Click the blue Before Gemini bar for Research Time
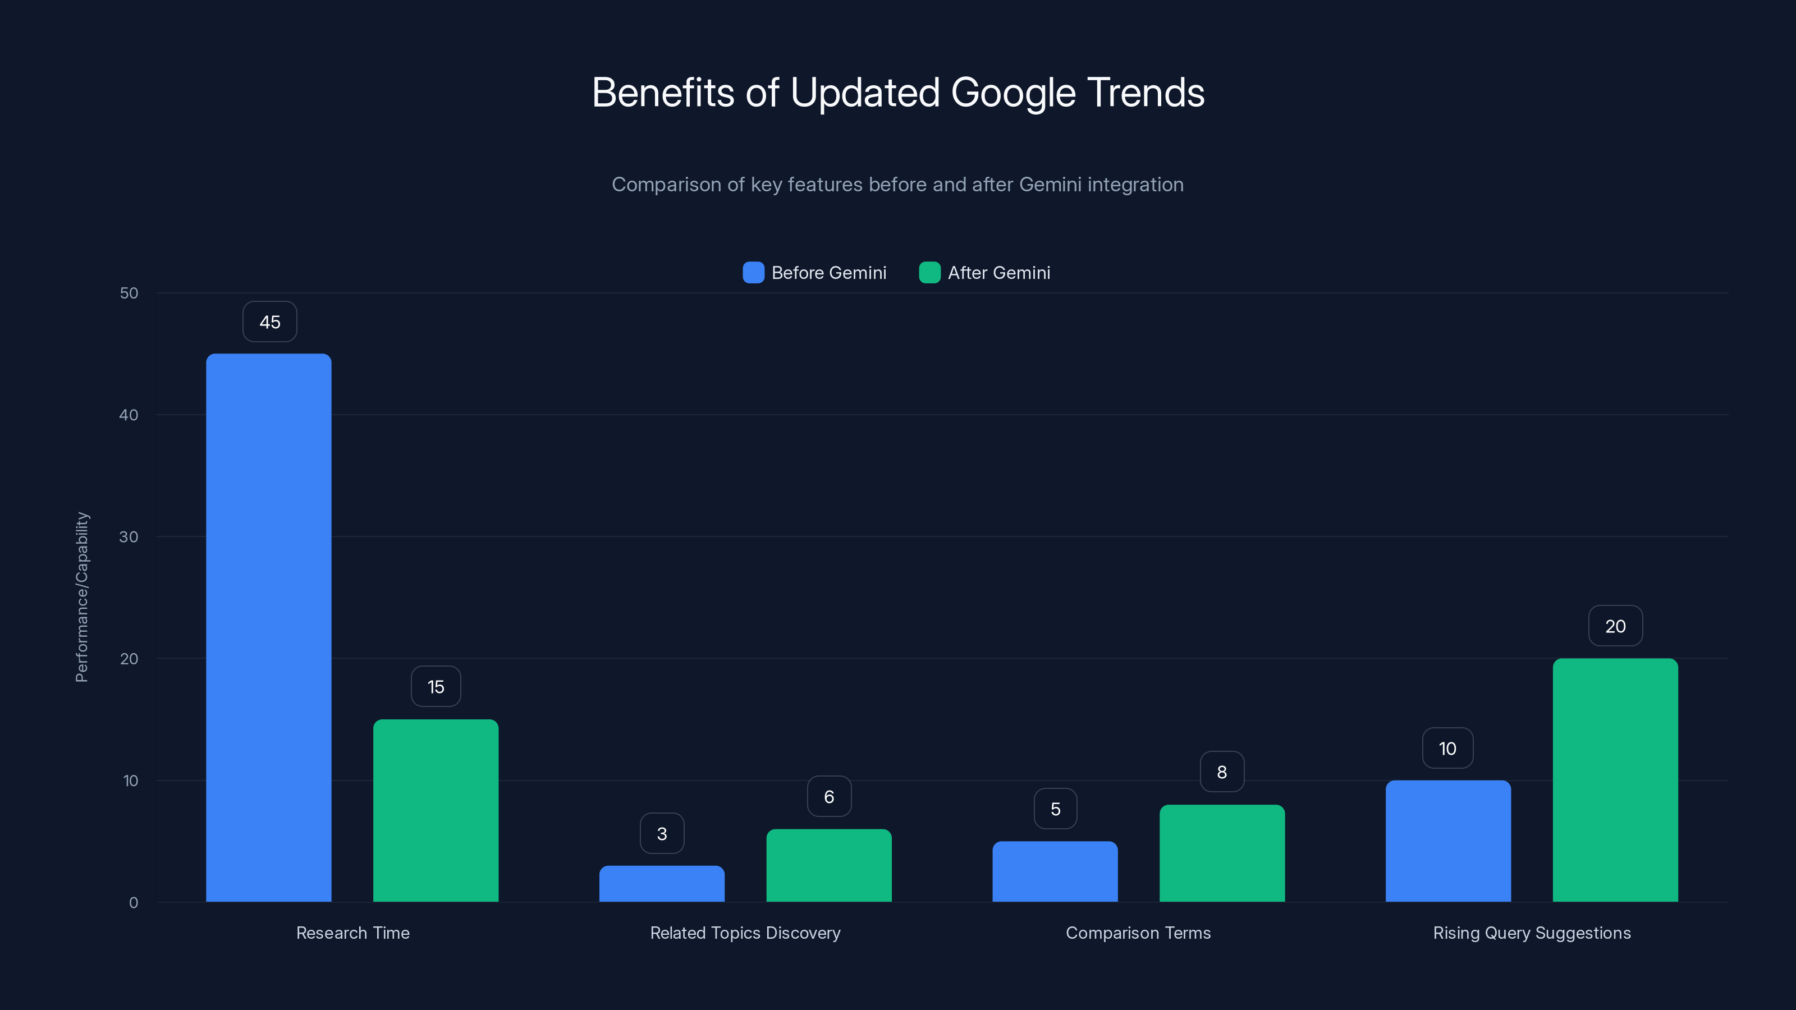[x=268, y=627]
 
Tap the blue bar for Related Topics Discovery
[x=662, y=883]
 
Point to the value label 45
[x=270, y=322]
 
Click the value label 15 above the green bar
[x=436, y=687]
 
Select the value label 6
[x=829, y=797]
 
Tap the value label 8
[x=1221, y=772]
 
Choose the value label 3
[x=662, y=834]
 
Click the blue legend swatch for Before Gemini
[x=753, y=273]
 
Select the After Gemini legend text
[x=998, y=273]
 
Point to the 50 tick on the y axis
[x=129, y=293]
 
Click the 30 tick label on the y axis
[x=129, y=537]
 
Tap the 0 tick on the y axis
[x=133, y=903]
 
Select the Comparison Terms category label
[x=1138, y=933]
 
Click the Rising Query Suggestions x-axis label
[x=1531, y=933]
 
